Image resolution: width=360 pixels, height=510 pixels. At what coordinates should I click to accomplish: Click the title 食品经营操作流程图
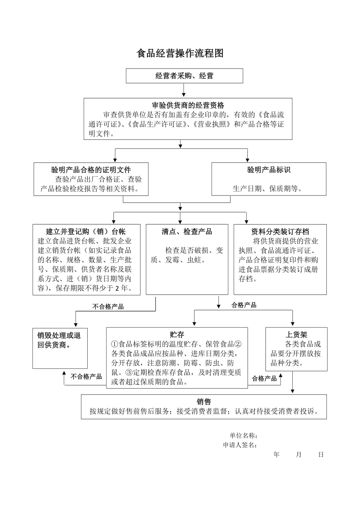(180, 54)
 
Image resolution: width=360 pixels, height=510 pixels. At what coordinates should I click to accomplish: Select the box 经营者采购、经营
(184, 76)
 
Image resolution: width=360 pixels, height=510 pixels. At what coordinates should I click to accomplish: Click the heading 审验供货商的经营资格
(188, 105)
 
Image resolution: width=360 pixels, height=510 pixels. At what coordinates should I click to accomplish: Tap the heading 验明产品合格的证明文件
(91, 170)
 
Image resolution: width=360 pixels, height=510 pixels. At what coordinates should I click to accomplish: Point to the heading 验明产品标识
(269, 170)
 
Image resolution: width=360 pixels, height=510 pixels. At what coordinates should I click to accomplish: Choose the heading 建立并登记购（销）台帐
(86, 231)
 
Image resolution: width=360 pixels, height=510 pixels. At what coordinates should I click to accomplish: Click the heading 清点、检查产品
(187, 231)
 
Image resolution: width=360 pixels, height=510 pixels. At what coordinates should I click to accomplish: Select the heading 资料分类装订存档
(280, 231)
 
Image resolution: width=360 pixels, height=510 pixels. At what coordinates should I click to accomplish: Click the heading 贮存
(177, 335)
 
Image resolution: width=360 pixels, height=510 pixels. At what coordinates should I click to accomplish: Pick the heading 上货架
(296, 335)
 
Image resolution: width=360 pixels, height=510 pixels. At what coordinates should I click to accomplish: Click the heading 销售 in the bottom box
(204, 402)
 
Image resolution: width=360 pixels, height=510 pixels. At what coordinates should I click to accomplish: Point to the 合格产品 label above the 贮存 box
(244, 305)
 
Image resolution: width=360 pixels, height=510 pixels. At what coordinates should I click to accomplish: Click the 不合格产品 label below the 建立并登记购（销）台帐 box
(108, 307)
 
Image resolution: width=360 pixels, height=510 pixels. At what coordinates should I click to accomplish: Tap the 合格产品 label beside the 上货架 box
(264, 378)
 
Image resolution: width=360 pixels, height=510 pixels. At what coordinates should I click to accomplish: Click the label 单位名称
(243, 436)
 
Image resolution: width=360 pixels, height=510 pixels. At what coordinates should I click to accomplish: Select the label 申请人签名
(240, 445)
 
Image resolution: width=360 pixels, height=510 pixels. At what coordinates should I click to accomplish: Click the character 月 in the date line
(299, 454)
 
